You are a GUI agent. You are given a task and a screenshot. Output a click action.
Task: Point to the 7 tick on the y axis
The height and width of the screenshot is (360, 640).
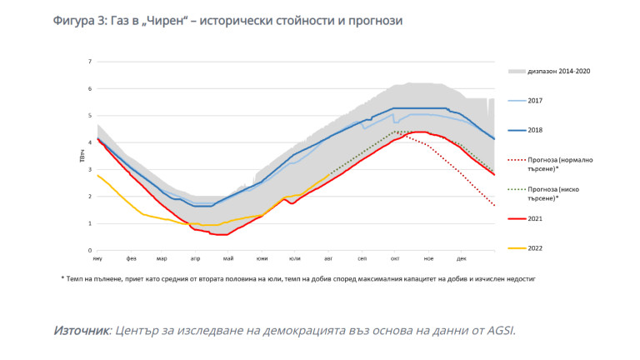coord(90,62)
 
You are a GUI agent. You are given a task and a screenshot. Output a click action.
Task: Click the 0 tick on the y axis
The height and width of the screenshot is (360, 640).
coord(90,251)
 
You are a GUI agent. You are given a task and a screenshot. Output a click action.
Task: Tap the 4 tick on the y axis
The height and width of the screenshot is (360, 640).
coord(90,142)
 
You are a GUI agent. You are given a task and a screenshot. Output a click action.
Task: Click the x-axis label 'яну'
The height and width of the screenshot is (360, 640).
coord(97,259)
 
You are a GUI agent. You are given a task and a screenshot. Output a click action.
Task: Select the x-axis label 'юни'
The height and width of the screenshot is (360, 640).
coord(262,259)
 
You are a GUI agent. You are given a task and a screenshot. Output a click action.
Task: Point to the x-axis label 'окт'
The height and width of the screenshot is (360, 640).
coord(394,259)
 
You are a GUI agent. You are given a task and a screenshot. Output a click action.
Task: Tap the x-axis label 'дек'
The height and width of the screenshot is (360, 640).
coord(461,259)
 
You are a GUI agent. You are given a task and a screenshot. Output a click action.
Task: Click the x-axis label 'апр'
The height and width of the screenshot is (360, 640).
coord(196,259)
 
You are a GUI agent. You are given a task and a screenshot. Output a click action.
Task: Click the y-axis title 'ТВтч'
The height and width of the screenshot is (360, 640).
coord(81,156)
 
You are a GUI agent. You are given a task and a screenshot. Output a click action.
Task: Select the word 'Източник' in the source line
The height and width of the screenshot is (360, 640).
coord(82,331)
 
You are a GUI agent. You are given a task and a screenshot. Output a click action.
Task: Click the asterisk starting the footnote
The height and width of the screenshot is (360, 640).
coord(62,278)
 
